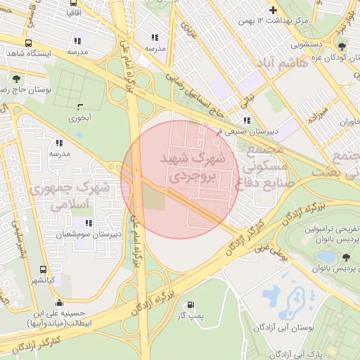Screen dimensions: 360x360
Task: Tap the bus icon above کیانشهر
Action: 44,270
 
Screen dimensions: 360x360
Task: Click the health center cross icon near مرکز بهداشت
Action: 273,11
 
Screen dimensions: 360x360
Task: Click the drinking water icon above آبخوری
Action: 80,107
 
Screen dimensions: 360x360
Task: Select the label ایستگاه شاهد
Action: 27,53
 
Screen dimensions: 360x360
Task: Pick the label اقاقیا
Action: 72,13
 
